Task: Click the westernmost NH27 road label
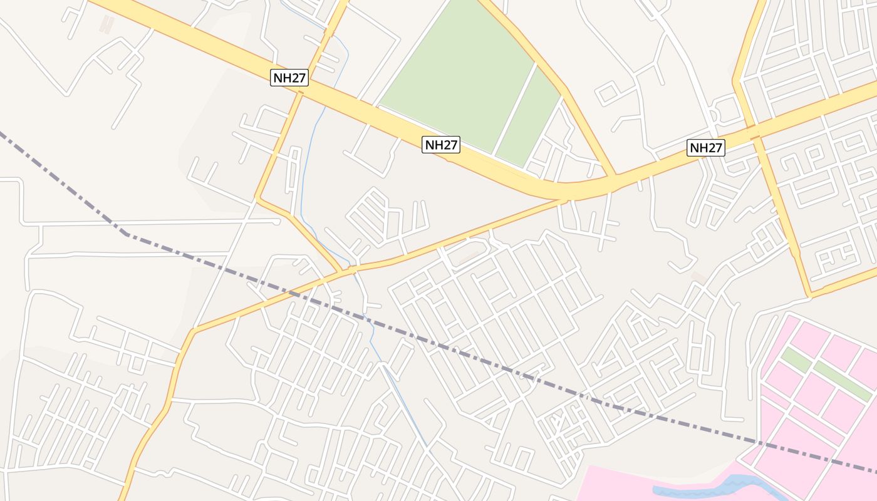coord(289,78)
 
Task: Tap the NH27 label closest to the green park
coord(441,145)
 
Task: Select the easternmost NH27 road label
coord(706,148)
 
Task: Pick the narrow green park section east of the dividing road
coord(529,119)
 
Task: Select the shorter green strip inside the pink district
coord(796,361)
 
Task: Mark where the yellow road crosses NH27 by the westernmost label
coord(300,93)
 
